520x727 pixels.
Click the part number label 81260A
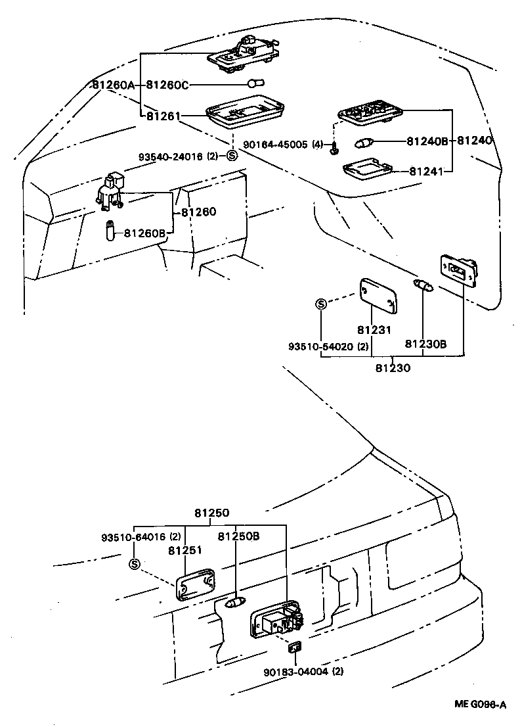pyautogui.click(x=113, y=85)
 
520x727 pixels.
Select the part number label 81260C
pyautogui.click(x=167, y=85)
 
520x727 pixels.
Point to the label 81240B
pyautogui.click(x=427, y=141)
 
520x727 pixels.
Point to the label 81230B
pyautogui.click(x=425, y=343)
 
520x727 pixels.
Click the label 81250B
pyautogui.click(x=239, y=536)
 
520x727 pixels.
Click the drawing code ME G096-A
pyautogui.click(x=480, y=705)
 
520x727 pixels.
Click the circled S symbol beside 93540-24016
pyautogui.click(x=231, y=156)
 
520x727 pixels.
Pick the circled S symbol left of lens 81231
pyautogui.click(x=321, y=304)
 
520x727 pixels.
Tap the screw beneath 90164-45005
pyautogui.click(x=335, y=151)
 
